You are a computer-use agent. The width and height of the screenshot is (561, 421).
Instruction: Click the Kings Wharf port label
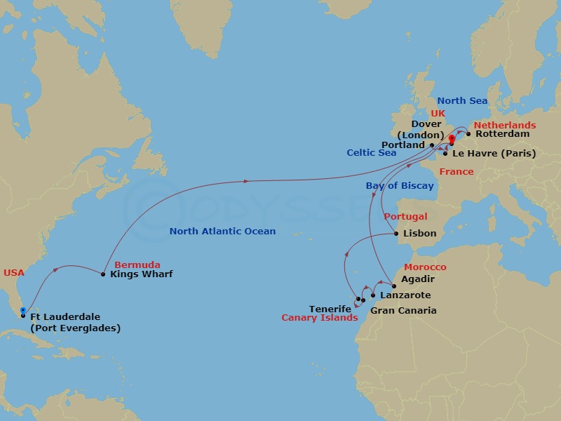[142, 274]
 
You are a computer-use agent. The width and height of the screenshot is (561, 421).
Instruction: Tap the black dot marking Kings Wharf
[103, 274]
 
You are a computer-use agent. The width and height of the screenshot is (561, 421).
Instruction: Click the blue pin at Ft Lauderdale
[23, 310]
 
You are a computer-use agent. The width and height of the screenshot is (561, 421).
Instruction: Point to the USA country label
[14, 272]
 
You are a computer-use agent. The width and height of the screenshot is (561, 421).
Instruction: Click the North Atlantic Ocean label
[222, 231]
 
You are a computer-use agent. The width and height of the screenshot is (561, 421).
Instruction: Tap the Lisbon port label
[420, 234]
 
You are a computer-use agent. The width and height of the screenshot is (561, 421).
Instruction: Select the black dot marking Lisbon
[397, 234]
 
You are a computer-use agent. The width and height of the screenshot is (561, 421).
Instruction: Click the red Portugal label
[406, 217]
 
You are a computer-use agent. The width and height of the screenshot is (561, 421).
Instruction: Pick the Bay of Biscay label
[399, 186]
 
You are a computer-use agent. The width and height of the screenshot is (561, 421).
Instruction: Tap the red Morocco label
[425, 267]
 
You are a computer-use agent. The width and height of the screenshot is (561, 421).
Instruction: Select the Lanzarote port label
[405, 295]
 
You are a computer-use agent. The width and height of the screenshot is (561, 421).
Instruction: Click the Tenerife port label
[330, 309]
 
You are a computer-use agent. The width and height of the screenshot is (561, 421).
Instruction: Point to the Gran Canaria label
[403, 310]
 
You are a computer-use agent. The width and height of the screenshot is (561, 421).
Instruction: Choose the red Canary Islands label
[319, 318]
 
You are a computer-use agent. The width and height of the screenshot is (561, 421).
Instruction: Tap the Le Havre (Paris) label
[494, 153]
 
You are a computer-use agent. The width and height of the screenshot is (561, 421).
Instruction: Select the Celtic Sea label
[371, 152]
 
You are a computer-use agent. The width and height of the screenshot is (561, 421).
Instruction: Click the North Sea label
[462, 101]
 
